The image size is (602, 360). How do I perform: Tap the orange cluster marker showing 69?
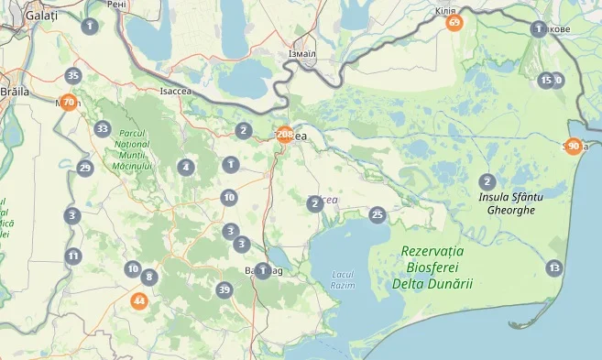(454, 22)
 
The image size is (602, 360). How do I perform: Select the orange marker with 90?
(574, 146)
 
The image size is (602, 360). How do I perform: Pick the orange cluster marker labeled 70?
(68, 102)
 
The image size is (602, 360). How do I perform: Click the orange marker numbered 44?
(139, 300)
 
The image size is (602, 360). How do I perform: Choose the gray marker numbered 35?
(73, 76)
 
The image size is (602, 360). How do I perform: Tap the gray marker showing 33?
(102, 129)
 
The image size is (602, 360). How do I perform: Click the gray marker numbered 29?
(85, 168)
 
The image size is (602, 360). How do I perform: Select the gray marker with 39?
(224, 290)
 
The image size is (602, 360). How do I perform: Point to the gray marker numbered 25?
(377, 214)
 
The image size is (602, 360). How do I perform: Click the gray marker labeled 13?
(553, 267)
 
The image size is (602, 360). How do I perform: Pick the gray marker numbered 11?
(73, 256)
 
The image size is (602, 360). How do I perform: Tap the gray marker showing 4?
(186, 167)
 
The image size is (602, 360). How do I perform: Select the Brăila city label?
(16, 92)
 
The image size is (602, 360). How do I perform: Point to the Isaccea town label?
(176, 92)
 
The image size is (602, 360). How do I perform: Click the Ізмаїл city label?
(301, 54)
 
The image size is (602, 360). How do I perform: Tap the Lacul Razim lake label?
(343, 279)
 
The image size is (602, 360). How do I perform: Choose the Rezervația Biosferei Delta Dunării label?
(432, 267)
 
